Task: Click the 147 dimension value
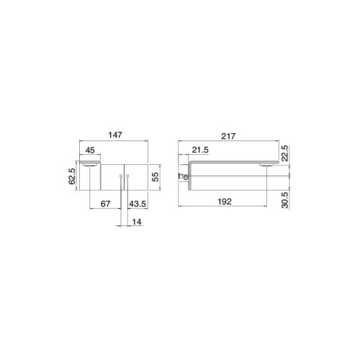pyautogui.click(x=115, y=135)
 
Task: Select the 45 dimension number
pyautogui.click(x=90, y=150)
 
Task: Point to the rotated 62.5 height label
pyautogui.click(x=72, y=176)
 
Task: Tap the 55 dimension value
pyautogui.click(x=156, y=177)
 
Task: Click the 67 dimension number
pyautogui.click(x=105, y=204)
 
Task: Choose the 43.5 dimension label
pyautogui.click(x=138, y=204)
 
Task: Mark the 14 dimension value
pyautogui.click(x=137, y=222)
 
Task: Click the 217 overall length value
pyautogui.click(x=228, y=136)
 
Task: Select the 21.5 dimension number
pyautogui.click(x=200, y=150)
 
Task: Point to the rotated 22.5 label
pyautogui.click(x=284, y=153)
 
